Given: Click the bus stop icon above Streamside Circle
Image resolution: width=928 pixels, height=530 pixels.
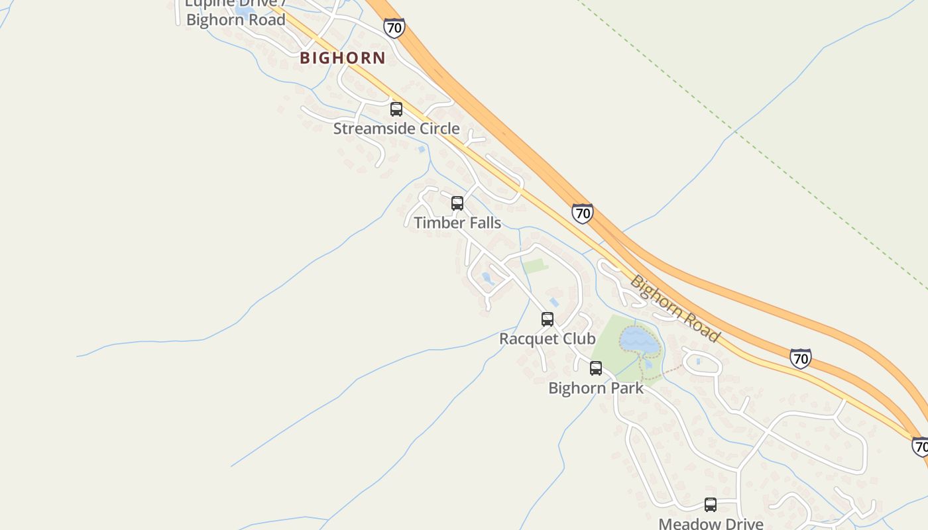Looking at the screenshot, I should coord(396,109).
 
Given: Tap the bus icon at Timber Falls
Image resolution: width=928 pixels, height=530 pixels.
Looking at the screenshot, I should coord(457,203).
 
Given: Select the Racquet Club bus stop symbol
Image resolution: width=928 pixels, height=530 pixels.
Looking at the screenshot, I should coord(548,319).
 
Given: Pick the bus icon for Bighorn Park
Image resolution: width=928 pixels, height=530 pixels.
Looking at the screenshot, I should coord(596,368).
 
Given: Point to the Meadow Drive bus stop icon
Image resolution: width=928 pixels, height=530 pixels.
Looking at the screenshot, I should coord(711,505).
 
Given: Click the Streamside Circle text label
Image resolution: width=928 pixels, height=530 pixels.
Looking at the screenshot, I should coord(396,129).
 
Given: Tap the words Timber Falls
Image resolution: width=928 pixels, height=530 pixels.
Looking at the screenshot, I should coord(457,223).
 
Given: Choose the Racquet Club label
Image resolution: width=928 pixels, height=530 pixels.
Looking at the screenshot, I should coord(548,339).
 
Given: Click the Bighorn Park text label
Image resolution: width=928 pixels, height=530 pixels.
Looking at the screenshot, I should coord(596,388).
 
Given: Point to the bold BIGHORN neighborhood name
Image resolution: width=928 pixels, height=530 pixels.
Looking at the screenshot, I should coord(343,58).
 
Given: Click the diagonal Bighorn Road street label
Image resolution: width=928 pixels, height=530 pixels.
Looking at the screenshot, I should coord(674,308).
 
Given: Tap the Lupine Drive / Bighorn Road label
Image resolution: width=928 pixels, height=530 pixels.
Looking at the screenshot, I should coord(235,13).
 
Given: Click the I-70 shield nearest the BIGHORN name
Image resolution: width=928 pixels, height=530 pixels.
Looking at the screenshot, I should coord(394,28).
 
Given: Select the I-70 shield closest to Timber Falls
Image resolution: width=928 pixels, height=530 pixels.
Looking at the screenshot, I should coord(582,213).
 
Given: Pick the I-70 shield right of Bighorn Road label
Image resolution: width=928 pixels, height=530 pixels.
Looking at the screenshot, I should coord(801,358).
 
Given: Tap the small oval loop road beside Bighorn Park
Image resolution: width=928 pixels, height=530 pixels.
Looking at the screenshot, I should coord(703,363).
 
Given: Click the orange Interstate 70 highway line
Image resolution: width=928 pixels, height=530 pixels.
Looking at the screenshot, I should coord(504,132).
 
